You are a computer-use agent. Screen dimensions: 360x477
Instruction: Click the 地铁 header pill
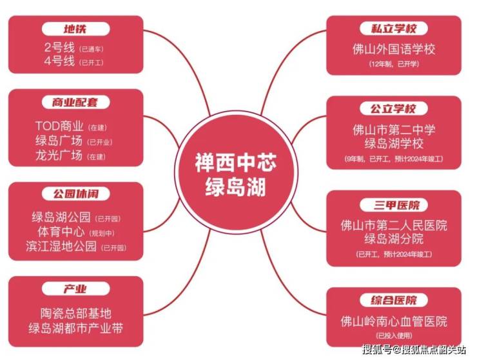[x=75, y=29]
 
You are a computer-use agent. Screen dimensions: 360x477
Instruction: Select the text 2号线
[x=59, y=48]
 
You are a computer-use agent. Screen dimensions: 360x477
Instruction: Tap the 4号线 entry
[x=59, y=63]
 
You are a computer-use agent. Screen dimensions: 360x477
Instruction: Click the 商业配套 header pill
[x=75, y=103]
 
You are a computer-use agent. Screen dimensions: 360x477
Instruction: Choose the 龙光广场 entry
[x=59, y=155]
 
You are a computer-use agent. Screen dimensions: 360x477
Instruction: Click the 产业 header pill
[x=75, y=289]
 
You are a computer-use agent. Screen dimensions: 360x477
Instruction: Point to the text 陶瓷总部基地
[x=75, y=314]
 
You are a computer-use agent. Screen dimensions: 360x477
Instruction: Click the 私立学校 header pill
[x=394, y=29]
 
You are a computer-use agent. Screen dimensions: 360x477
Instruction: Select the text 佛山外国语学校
[x=394, y=50]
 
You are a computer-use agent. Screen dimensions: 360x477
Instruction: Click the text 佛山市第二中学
[x=394, y=130]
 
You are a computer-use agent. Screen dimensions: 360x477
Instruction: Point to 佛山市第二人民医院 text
[x=394, y=225]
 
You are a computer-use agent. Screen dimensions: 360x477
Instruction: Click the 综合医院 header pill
[x=394, y=300]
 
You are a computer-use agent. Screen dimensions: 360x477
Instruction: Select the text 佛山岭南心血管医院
[x=394, y=321]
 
